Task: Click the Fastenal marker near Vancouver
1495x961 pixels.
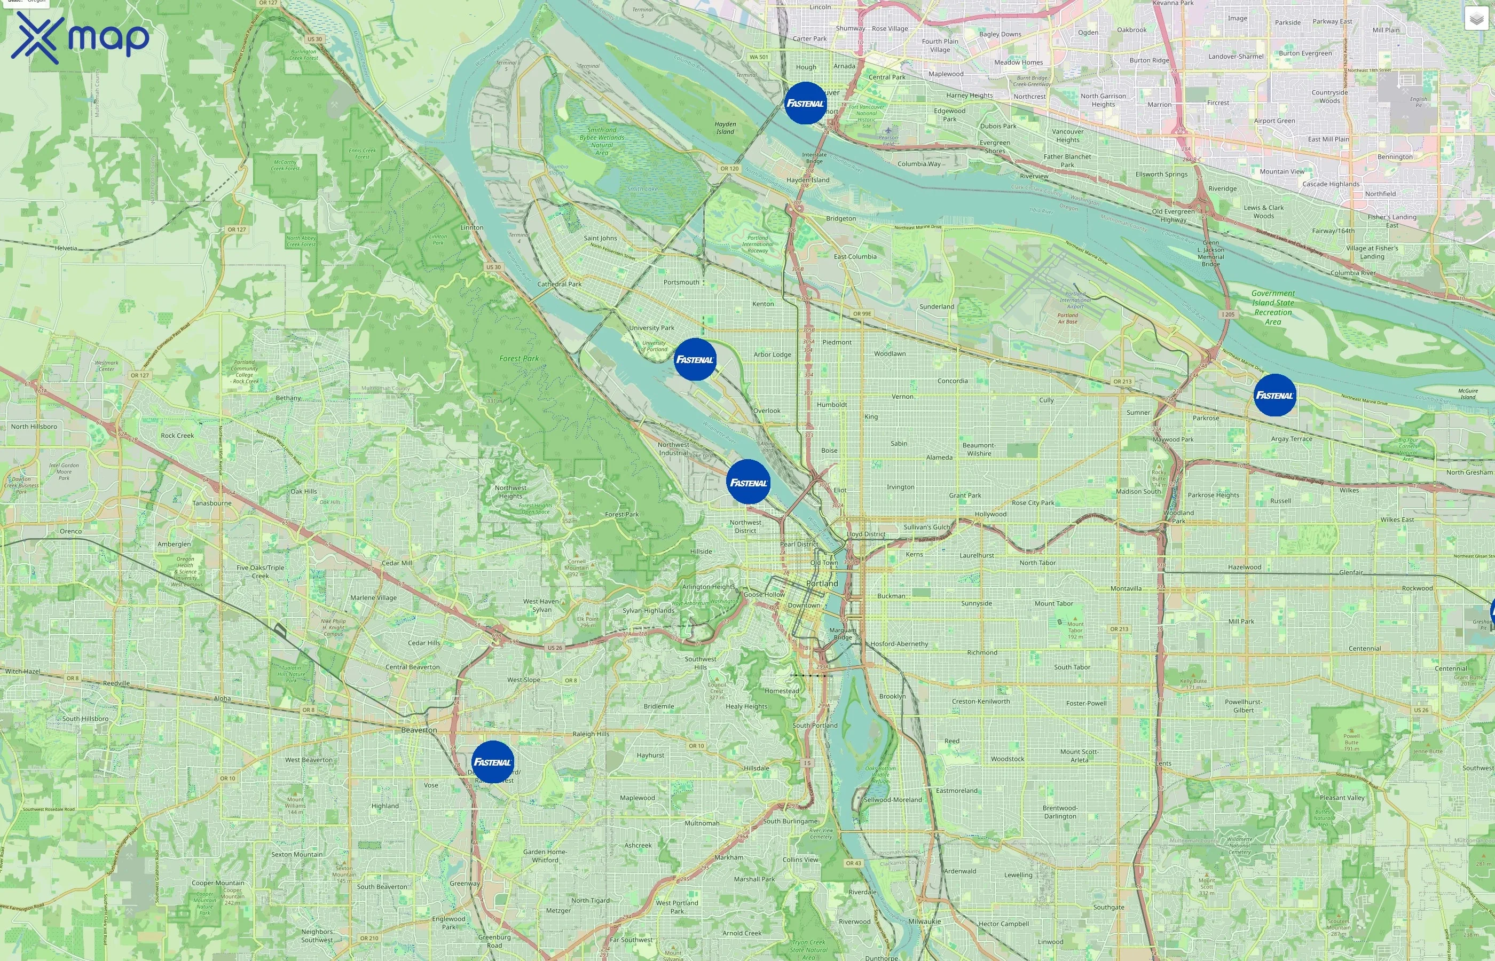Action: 805,103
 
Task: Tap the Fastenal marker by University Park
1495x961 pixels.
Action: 695,359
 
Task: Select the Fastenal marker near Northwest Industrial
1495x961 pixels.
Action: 748,483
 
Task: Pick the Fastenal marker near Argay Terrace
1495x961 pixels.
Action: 1274,395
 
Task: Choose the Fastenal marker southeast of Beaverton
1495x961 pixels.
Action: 492,762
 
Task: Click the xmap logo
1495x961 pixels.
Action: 80,37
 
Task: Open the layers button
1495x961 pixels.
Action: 1476,19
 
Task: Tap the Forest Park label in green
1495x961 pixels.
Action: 518,359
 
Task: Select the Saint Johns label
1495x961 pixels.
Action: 600,238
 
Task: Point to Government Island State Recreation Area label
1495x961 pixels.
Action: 1273,308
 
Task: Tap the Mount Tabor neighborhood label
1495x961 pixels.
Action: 1053,603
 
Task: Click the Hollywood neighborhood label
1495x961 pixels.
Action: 990,514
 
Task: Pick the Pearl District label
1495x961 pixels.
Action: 799,544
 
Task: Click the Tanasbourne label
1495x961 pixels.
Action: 211,503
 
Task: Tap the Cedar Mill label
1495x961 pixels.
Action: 396,563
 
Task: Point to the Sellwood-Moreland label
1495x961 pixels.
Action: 892,800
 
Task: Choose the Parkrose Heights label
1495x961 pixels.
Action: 1213,495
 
